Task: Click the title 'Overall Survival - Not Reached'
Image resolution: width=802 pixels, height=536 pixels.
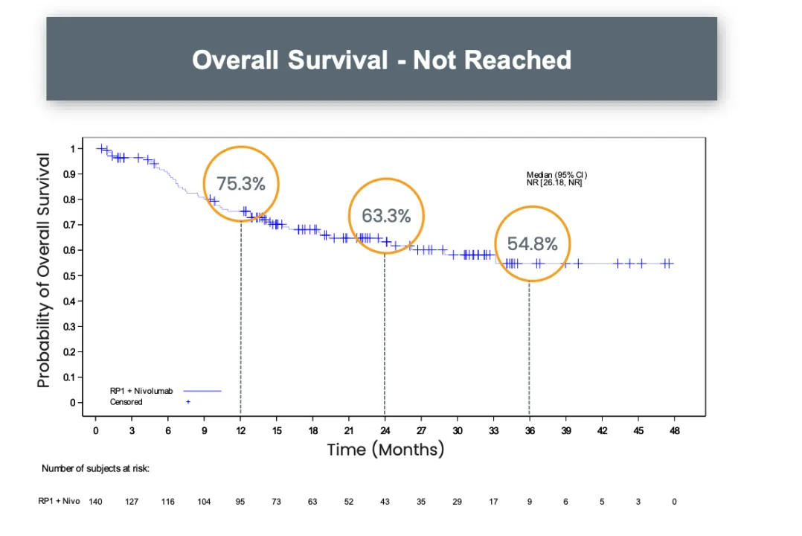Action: pos(382,60)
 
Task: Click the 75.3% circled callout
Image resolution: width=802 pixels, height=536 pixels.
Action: pos(241,184)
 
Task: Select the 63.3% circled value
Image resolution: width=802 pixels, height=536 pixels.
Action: pos(386,216)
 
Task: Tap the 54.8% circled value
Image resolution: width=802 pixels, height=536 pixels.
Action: pos(532,244)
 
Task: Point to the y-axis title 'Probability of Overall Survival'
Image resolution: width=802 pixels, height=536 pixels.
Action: pos(44,270)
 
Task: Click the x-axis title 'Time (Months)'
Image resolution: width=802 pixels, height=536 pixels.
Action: pos(385,449)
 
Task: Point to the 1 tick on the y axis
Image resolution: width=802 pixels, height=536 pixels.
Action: pos(73,149)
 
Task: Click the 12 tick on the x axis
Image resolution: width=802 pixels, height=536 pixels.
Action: pos(240,430)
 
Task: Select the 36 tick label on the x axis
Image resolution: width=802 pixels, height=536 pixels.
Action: pos(530,430)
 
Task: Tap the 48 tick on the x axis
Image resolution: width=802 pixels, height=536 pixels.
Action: pos(674,430)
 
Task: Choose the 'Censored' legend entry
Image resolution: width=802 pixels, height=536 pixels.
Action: pos(126,402)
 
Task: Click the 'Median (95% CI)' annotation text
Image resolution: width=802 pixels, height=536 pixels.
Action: pos(556,175)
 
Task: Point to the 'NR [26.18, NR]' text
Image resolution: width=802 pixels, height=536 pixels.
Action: pos(554,182)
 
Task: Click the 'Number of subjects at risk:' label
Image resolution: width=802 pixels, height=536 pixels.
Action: pos(95,468)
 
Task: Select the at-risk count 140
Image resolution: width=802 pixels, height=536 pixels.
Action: pos(95,502)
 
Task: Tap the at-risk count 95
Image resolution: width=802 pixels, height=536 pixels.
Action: pos(240,502)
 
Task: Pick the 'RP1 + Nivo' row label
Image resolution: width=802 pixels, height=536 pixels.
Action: pos(59,501)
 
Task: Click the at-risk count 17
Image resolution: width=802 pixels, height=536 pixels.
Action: pos(493,502)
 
